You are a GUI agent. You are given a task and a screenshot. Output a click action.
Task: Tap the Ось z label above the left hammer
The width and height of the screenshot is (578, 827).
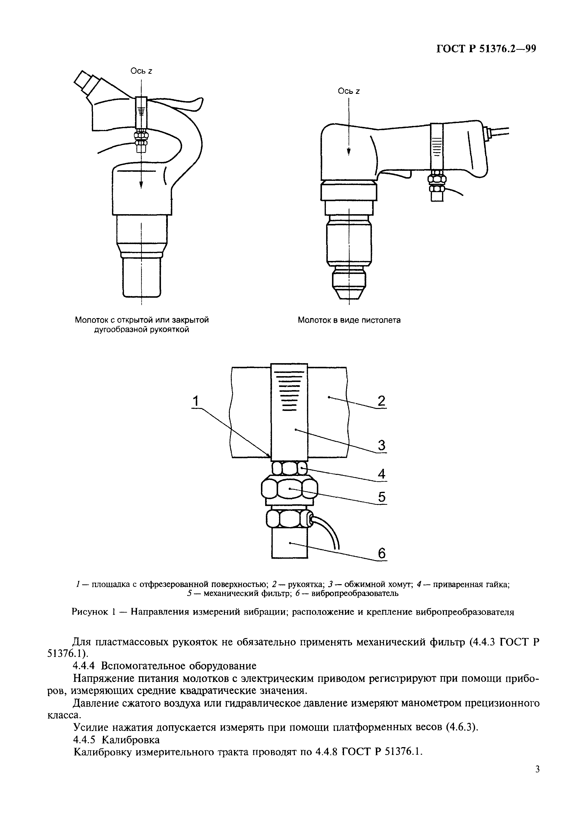(141, 71)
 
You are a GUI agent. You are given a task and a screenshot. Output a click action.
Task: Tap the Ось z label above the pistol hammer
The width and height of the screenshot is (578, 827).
(349, 91)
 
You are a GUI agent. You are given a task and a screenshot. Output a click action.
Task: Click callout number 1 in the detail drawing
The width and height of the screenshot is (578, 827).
(196, 401)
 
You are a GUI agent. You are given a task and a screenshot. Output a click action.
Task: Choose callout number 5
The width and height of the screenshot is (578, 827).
(382, 497)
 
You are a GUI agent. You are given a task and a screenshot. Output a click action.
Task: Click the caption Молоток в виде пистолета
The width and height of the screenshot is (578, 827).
(349, 320)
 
